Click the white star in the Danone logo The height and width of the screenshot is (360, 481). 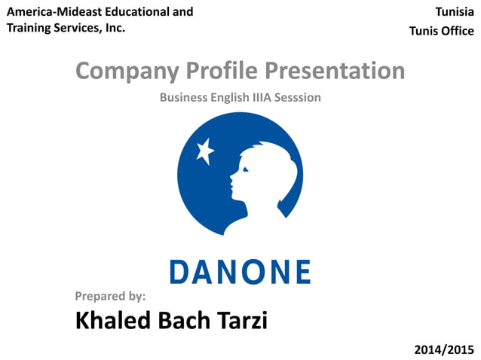coord(204,151)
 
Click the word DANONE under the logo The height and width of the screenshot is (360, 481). coord(240,272)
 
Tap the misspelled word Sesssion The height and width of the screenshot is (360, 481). coord(295,97)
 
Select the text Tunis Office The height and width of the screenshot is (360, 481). coord(441,31)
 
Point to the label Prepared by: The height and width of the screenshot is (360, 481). coord(110,296)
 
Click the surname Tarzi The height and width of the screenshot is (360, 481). coord(240,321)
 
